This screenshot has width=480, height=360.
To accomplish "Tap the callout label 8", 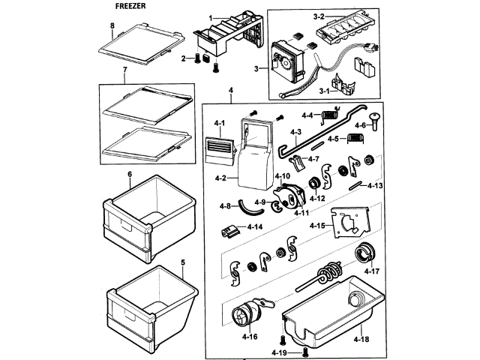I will tap(112, 26).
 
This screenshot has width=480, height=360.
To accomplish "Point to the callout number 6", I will tap(129, 174).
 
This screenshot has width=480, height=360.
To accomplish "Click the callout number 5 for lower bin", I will tap(182, 262).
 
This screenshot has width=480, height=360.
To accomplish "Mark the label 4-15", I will tap(317, 225).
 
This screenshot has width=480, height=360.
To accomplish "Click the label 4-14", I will tap(256, 226).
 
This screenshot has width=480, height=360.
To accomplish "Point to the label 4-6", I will tap(358, 125).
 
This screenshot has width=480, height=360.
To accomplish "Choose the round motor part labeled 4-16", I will tap(250, 312).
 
